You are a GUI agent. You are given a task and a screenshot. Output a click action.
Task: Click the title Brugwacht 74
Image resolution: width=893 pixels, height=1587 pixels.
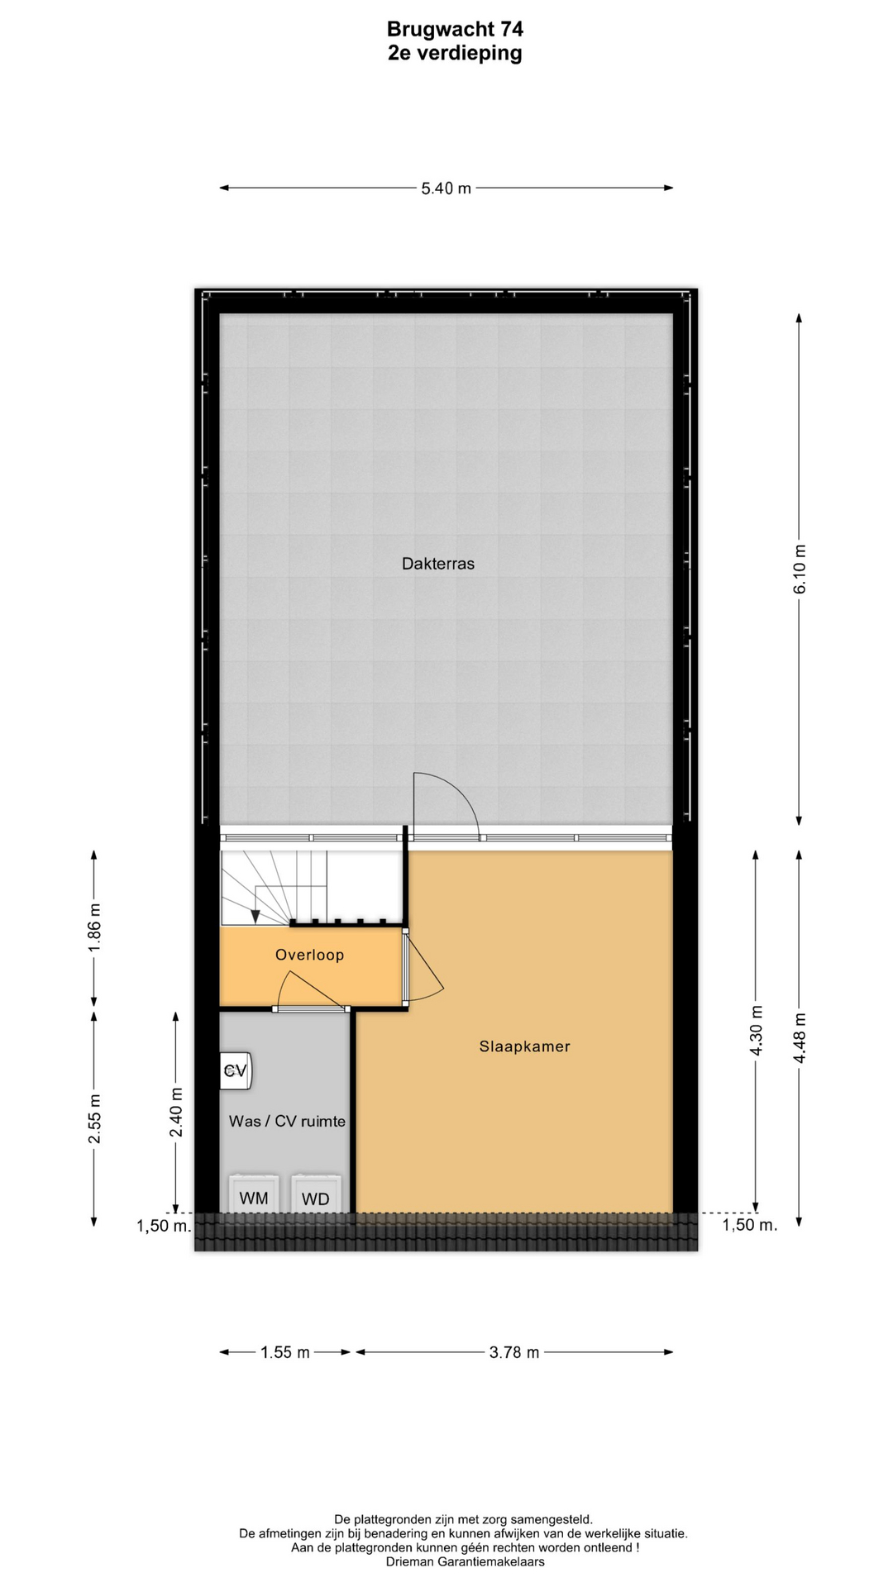(x=455, y=29)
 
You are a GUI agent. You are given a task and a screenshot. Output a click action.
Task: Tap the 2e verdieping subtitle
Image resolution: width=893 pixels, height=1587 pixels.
(x=455, y=54)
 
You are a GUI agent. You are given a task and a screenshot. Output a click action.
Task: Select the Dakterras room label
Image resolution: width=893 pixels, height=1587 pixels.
(x=438, y=564)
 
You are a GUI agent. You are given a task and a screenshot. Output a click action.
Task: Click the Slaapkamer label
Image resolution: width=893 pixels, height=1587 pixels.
(x=525, y=1046)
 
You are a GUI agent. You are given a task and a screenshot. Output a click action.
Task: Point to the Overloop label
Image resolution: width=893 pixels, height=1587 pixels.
(x=310, y=955)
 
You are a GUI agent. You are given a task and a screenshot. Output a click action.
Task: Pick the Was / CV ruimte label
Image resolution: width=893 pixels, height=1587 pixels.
(x=287, y=1122)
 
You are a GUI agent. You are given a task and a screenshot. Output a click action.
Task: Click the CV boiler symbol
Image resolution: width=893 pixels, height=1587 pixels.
(x=236, y=1071)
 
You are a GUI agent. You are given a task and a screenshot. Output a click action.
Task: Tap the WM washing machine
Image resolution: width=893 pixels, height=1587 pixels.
(x=254, y=1194)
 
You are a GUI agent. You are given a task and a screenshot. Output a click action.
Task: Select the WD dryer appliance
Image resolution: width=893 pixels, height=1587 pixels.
(x=316, y=1194)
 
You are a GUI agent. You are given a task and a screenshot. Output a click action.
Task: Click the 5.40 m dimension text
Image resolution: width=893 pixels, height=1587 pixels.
(x=446, y=188)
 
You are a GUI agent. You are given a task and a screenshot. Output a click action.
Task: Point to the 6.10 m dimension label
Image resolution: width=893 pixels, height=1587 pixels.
(x=800, y=569)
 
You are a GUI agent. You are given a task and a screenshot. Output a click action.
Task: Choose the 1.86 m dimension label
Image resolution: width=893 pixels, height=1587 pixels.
(x=95, y=926)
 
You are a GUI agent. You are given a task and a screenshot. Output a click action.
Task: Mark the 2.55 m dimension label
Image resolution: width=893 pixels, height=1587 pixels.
(x=95, y=1119)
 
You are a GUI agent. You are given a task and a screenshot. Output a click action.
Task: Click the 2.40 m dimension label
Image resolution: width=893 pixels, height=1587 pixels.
(x=176, y=1113)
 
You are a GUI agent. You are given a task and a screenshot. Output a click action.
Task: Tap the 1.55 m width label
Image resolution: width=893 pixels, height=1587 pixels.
(x=285, y=1353)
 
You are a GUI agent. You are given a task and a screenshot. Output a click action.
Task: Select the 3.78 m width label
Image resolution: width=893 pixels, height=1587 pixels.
(x=514, y=1353)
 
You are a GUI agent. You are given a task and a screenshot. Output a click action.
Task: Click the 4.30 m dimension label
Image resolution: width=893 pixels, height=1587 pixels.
(x=756, y=1030)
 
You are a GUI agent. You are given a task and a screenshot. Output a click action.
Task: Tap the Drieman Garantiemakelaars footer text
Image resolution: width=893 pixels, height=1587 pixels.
(x=466, y=1562)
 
